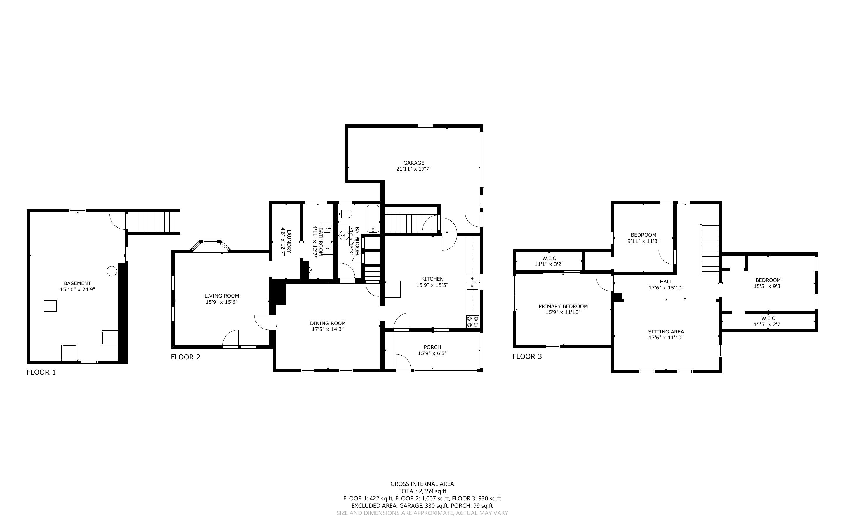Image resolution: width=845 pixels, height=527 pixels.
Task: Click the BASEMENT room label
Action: tap(77, 283)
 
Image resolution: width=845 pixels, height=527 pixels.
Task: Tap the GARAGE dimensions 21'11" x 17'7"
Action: tap(414, 169)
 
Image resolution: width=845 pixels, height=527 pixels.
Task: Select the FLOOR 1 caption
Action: tap(41, 372)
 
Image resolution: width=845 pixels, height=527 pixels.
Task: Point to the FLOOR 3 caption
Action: tap(527, 356)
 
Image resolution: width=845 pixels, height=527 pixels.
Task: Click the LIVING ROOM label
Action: tap(222, 296)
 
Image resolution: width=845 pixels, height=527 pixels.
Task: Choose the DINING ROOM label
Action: tap(328, 323)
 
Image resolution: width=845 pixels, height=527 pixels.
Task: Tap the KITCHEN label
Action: tap(432, 279)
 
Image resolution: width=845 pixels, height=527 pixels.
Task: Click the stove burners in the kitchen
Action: tap(473, 321)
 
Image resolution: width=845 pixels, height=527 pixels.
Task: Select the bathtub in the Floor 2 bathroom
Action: tap(373, 219)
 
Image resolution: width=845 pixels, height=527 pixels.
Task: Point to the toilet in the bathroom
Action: tap(343, 212)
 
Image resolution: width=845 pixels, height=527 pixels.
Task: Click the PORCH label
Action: tap(432, 347)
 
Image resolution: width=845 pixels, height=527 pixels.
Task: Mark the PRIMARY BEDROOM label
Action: tap(563, 306)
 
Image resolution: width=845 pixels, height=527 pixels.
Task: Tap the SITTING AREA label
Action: tap(666, 332)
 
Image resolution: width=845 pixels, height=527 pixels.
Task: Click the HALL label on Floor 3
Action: tap(666, 282)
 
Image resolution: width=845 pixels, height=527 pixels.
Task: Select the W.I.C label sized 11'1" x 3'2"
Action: tap(549, 258)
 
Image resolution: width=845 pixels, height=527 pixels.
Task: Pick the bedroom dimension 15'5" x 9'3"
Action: tap(768, 286)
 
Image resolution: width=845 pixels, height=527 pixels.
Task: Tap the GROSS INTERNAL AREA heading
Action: tap(422, 484)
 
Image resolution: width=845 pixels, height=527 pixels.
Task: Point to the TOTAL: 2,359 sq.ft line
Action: tap(422, 491)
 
